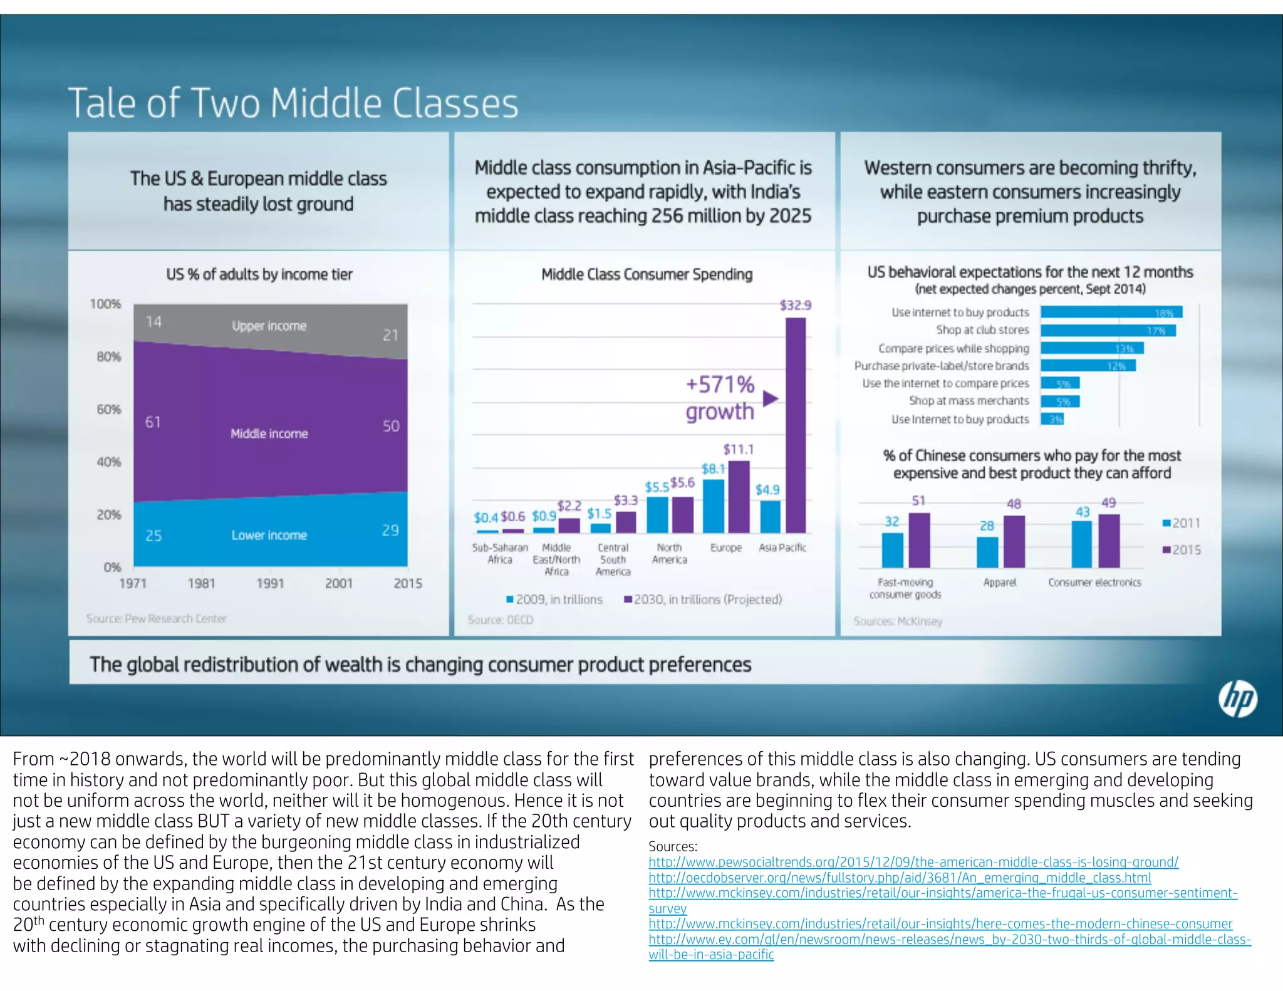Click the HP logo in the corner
click(x=1237, y=698)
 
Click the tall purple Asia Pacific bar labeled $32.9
click(x=796, y=426)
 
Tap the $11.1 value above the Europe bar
click(x=739, y=449)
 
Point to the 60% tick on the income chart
click(x=108, y=409)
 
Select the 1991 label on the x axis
click(x=270, y=583)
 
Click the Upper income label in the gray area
click(x=269, y=326)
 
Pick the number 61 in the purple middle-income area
click(x=153, y=422)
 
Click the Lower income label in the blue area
click(x=269, y=535)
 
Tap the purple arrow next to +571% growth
click(x=771, y=398)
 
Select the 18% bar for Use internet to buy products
click(x=1111, y=312)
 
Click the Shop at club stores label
click(x=982, y=329)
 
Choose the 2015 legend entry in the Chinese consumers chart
click(x=1182, y=549)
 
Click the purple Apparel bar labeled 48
click(x=1014, y=542)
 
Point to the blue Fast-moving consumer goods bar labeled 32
click(x=892, y=550)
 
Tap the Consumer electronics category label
click(x=1094, y=582)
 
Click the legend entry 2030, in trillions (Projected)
click(x=703, y=599)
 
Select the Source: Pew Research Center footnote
click(x=156, y=618)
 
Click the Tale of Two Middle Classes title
click(x=293, y=103)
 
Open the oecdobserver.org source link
click(x=900, y=878)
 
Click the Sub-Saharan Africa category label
click(x=499, y=553)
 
